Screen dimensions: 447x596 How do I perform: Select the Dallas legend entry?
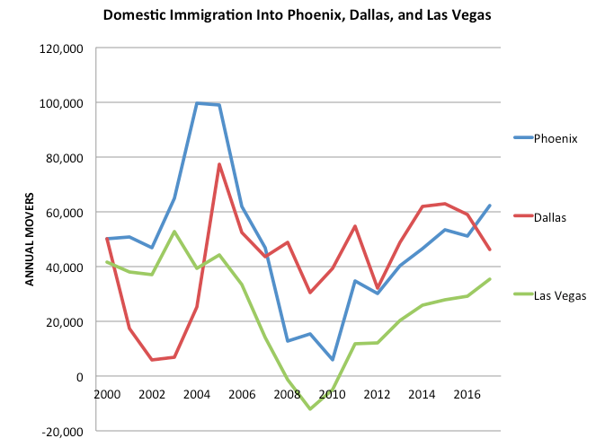pos(550,216)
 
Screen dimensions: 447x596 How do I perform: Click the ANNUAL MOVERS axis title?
pos(29,239)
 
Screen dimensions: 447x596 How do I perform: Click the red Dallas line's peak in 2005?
pos(219,164)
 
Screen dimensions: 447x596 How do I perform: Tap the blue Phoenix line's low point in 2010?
pos(332,360)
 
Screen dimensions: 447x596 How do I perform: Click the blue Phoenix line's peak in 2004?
pos(197,103)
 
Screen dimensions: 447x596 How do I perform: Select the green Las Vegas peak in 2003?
pos(174,232)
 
